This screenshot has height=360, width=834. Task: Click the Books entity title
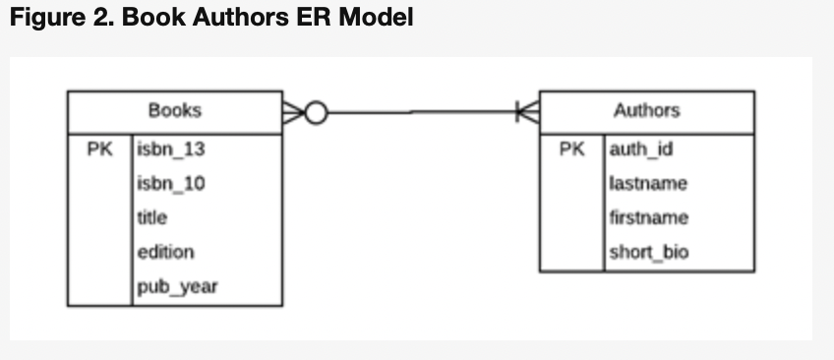click(x=174, y=110)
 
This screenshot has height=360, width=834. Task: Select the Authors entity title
click(x=646, y=110)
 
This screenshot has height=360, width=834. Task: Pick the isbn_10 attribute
click(x=171, y=183)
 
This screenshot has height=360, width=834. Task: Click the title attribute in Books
click(x=152, y=217)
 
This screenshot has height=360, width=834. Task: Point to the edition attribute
click(x=165, y=252)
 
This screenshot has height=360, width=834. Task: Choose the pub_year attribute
click(x=177, y=286)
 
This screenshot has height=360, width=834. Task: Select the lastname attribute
click(x=648, y=183)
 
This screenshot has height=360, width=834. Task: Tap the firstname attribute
click(x=649, y=217)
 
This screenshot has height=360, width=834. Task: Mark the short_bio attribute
click(x=649, y=252)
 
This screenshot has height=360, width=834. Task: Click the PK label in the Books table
click(x=99, y=150)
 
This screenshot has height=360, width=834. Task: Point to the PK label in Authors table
click(x=571, y=150)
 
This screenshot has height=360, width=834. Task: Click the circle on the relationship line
click(x=316, y=113)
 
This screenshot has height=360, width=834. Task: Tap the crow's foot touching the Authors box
click(x=528, y=113)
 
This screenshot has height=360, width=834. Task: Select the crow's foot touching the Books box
click(x=293, y=113)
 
